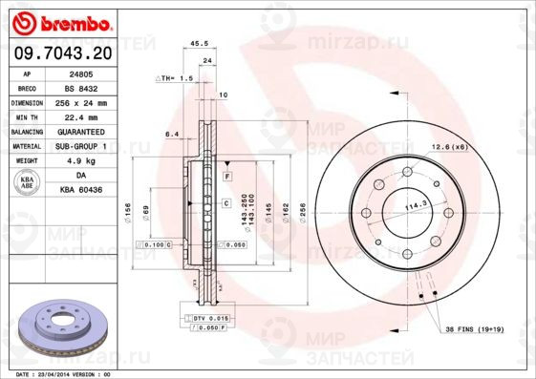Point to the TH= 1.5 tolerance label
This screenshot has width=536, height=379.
pyautogui.click(x=176, y=78)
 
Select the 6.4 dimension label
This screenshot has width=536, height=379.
pyautogui.click(x=172, y=135)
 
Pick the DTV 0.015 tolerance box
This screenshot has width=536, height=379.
pyautogui.click(x=212, y=317)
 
